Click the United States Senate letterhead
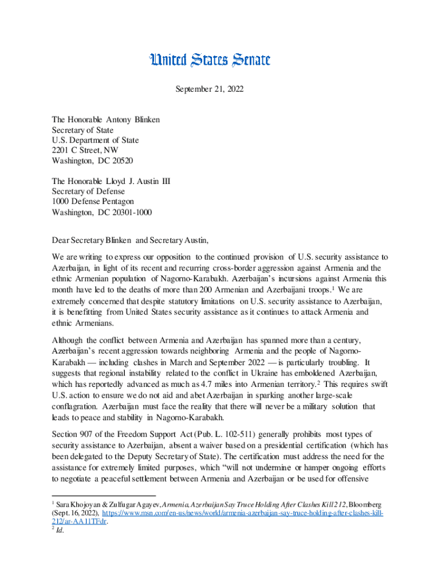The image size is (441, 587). pos(210,60)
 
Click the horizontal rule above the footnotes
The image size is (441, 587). pos(104,495)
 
